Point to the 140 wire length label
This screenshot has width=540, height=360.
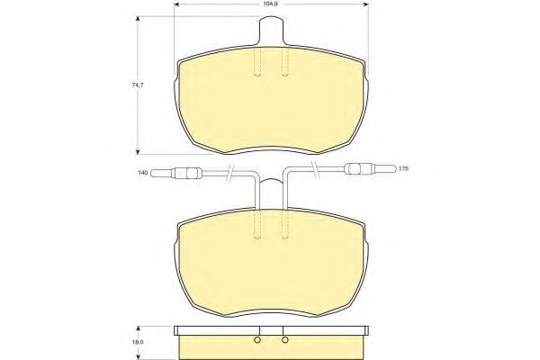click(141, 172)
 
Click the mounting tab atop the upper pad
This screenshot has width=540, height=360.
click(271, 31)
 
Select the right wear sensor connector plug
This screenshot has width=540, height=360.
click(357, 167)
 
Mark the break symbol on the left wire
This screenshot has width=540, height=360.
click(232, 173)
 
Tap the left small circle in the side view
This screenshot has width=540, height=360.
click(257, 340)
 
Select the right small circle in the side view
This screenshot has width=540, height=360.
click(284, 340)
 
